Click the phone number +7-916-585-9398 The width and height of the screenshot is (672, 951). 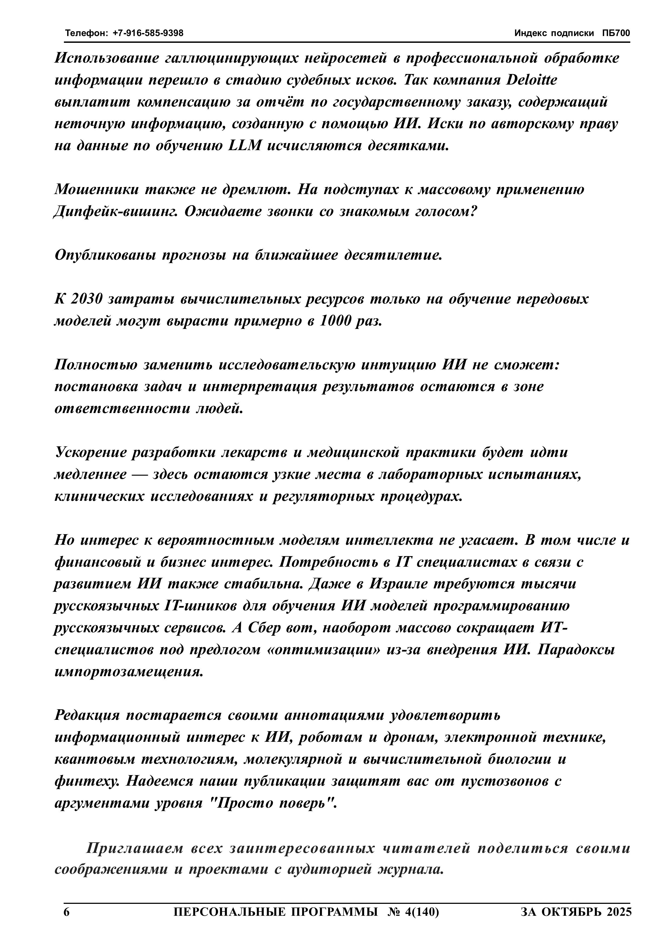coord(148,33)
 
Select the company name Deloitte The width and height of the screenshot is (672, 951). coord(532,80)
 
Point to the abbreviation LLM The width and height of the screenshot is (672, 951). coord(245,146)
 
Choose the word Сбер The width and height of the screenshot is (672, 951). coord(263,628)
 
